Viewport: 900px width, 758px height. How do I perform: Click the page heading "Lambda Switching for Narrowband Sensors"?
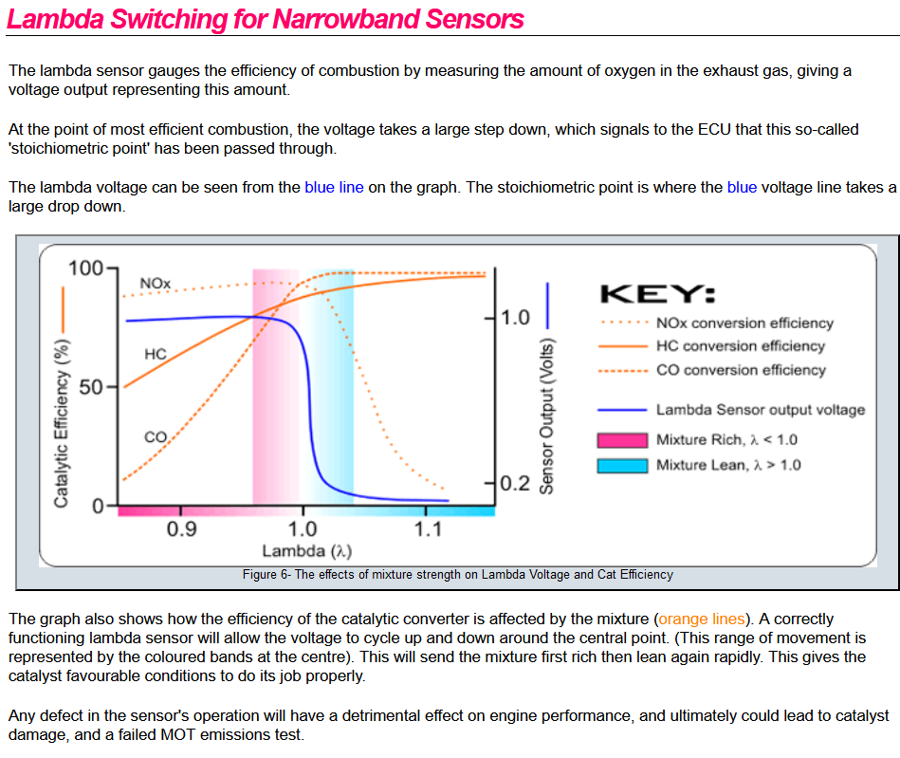(265, 19)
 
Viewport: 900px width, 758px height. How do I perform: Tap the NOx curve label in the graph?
(155, 284)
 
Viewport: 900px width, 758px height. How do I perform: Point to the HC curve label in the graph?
(156, 354)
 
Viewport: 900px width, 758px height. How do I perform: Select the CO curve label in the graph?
(156, 437)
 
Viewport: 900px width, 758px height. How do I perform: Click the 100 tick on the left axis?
(86, 268)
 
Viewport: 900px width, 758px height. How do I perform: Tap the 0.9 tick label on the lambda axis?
(181, 529)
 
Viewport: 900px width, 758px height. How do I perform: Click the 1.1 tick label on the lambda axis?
(428, 529)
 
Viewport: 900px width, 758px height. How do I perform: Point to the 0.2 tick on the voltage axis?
(514, 483)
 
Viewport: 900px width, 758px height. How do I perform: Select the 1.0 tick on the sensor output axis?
(515, 317)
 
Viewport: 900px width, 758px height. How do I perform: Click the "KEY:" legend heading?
(657, 292)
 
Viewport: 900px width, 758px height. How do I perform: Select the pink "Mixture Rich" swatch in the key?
(622, 440)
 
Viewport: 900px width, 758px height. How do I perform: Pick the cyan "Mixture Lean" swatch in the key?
(622, 465)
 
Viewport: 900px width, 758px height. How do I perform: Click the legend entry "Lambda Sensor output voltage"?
(761, 410)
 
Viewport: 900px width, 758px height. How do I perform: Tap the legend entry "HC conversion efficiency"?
(740, 346)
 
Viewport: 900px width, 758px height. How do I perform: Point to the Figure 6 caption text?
(457, 574)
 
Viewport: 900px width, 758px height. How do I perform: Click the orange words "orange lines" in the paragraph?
(702, 619)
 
